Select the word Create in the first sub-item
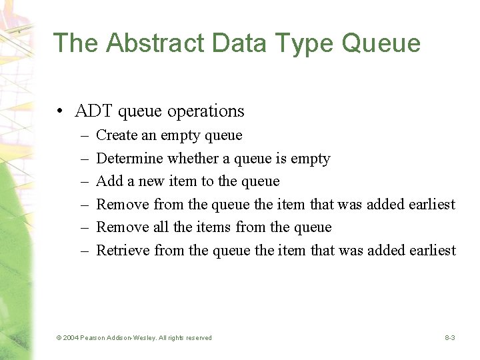(x=117, y=135)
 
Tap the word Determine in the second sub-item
(x=129, y=159)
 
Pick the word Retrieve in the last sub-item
(x=123, y=251)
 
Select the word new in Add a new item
(x=150, y=181)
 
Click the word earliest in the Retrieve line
(x=432, y=251)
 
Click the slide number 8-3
(x=450, y=338)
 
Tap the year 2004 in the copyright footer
(x=71, y=338)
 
